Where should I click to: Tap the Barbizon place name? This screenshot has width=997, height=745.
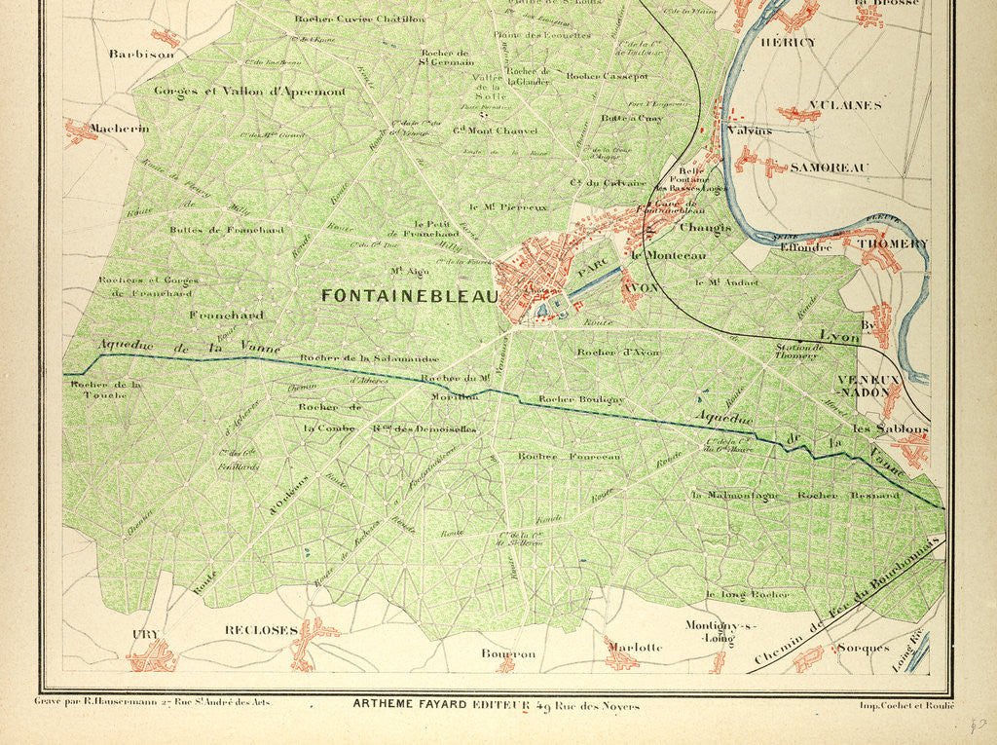click(141, 55)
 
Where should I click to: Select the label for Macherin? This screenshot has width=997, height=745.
click(119, 128)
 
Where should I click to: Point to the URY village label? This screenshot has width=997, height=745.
click(145, 635)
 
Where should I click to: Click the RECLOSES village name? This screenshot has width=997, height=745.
click(260, 630)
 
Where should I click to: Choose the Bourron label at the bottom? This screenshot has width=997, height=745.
click(508, 654)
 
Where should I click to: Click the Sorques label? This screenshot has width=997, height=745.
click(863, 648)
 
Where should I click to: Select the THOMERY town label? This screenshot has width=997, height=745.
click(893, 243)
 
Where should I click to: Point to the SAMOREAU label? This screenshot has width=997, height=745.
click(829, 168)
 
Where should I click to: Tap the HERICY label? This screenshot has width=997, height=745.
click(788, 43)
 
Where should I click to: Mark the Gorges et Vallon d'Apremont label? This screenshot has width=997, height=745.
click(249, 92)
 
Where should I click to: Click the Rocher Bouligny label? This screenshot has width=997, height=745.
click(580, 399)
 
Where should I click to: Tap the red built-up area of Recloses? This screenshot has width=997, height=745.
click(309, 643)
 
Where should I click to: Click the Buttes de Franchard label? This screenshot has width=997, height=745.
click(213, 230)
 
